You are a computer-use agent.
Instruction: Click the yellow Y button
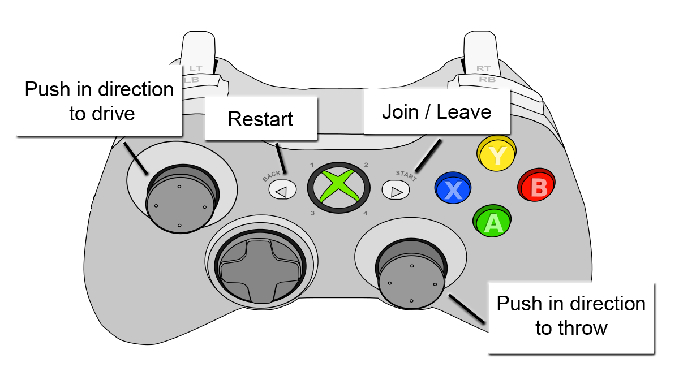click(x=496, y=153)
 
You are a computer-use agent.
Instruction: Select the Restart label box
click(x=261, y=119)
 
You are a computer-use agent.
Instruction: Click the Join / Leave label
click(x=436, y=111)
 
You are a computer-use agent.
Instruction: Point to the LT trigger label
click(x=196, y=68)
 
